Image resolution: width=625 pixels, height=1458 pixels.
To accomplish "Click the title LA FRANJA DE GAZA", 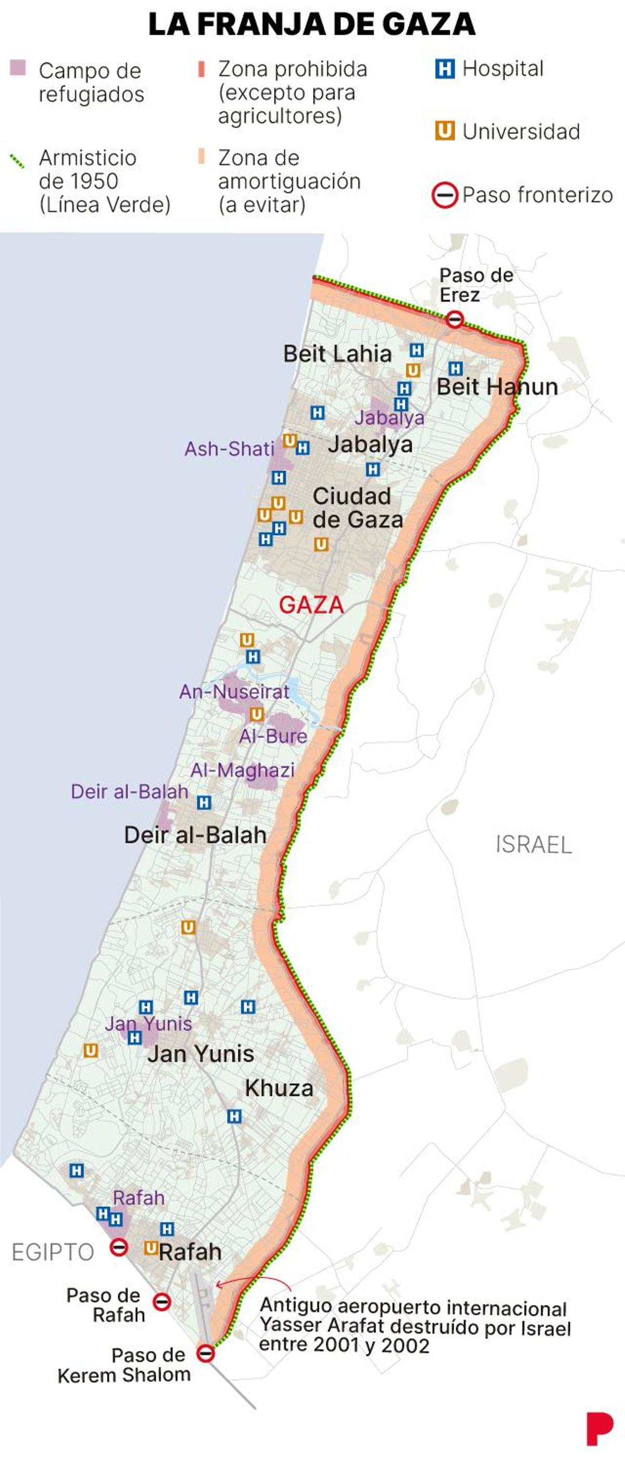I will click(311, 24).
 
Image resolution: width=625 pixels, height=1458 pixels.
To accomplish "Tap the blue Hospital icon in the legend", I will click(445, 69).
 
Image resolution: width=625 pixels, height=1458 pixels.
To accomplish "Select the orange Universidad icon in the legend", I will click(445, 131).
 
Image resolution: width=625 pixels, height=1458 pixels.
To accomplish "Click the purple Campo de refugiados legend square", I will click(18, 68).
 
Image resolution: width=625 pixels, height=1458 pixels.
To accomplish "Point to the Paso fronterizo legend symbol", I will click(445, 196).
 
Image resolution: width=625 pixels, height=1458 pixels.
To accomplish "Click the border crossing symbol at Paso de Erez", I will click(455, 319).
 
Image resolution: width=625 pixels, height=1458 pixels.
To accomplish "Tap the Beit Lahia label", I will click(337, 354).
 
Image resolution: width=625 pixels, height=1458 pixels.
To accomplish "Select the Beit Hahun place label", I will click(497, 387).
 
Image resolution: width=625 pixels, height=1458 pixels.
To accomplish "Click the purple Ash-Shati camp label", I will click(229, 449).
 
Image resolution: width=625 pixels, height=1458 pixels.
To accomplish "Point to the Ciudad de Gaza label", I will click(357, 508).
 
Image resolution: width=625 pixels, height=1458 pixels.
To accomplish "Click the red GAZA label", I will click(311, 605).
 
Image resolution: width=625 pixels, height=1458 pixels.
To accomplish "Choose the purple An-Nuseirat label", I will click(234, 691).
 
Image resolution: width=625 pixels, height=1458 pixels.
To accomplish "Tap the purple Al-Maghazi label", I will click(242, 770).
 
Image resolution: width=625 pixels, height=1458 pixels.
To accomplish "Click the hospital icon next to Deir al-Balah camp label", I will click(204, 802).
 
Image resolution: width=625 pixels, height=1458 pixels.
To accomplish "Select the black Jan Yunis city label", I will click(201, 1054).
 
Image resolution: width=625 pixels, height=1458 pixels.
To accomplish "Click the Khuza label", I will click(279, 1088).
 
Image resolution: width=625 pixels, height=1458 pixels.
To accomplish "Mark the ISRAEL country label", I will click(533, 845).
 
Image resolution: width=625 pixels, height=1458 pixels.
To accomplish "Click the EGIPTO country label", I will click(53, 1252).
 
